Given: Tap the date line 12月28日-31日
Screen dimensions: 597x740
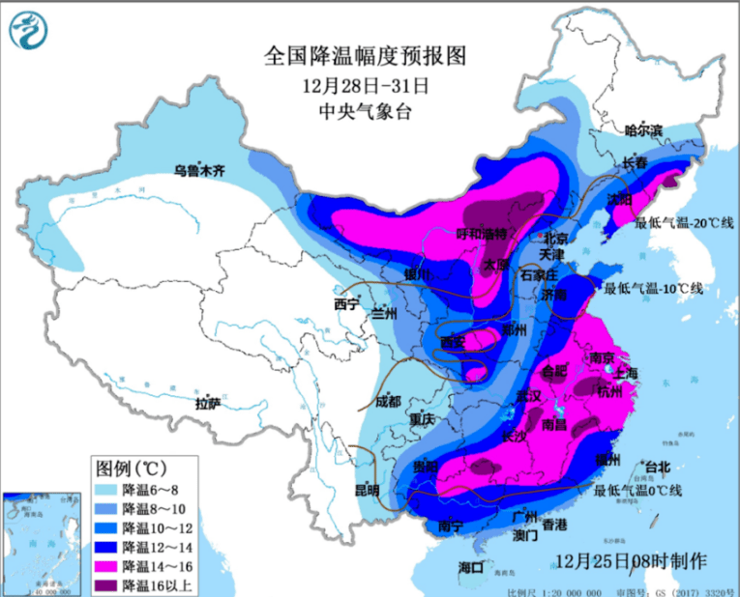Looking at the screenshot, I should (x=365, y=84).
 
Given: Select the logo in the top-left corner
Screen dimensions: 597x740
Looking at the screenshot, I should (x=28, y=32).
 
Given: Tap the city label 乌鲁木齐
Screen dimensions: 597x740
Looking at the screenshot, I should (x=198, y=171).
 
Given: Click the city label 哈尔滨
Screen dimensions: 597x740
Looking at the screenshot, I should (x=644, y=129).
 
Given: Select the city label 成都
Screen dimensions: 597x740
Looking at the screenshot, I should (x=387, y=400).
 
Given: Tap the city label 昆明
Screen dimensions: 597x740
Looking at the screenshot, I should (x=366, y=489).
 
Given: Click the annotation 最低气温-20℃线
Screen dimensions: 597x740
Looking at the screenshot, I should (x=684, y=223).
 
